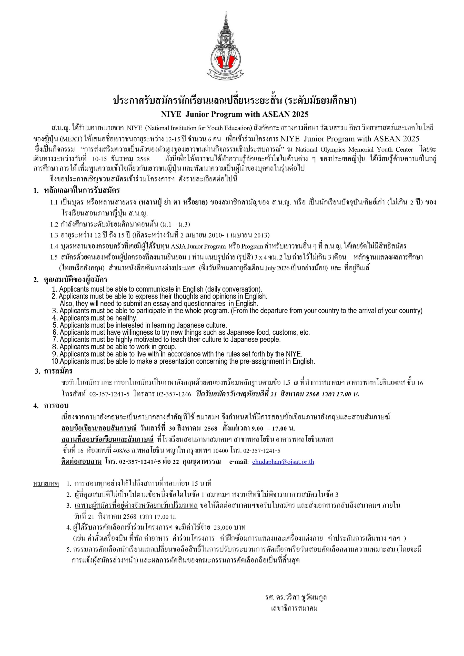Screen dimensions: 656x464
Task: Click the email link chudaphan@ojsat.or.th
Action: (283, 462)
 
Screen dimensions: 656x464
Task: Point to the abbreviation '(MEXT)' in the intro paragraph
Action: (74, 139)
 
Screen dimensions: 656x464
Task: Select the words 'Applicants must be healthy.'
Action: (99, 318)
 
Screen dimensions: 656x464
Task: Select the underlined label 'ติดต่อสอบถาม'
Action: (82, 462)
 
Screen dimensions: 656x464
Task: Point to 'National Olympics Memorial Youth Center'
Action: (354, 149)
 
